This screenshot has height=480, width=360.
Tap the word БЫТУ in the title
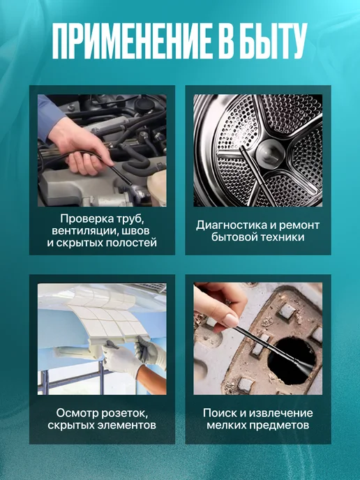point(272,40)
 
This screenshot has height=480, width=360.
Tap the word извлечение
point(280,413)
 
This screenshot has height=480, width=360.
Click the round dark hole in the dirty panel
point(292,361)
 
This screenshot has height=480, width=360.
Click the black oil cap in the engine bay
point(145,105)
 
